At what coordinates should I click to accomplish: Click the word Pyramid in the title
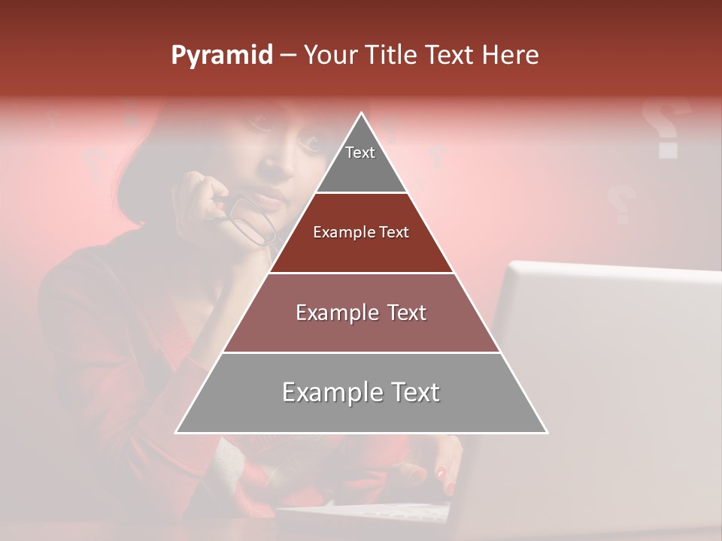click(x=221, y=56)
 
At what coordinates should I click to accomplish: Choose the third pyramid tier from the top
click(x=361, y=313)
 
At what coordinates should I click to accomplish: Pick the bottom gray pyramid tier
click(x=361, y=393)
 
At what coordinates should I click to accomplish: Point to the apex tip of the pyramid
click(x=362, y=114)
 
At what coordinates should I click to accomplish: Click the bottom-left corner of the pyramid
click(x=177, y=431)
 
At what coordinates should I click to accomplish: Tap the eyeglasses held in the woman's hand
click(x=252, y=218)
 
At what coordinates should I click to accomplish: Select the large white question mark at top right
click(x=666, y=128)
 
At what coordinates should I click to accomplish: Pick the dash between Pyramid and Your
click(x=287, y=56)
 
